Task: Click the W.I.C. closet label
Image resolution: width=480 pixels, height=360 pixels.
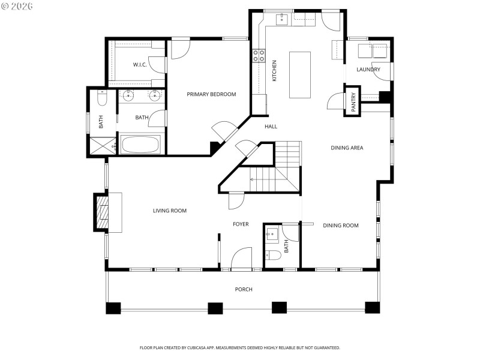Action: coord(140,65)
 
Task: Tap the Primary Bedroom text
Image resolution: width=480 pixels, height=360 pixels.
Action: coord(211,94)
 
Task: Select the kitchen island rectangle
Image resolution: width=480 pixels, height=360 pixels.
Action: coord(301,74)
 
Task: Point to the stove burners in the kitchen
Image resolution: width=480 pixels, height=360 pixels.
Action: coord(259,56)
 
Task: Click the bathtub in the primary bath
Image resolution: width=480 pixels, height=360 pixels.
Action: coord(140,145)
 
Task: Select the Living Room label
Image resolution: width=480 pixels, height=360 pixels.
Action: coord(170,211)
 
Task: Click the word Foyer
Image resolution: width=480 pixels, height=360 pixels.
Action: coord(241,224)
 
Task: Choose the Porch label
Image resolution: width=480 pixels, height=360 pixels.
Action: coord(244,290)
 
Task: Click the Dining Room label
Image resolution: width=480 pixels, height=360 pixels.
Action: coord(341,226)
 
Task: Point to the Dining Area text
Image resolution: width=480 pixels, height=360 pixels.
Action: coord(347,148)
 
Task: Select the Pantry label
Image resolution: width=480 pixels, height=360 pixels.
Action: coord(353,101)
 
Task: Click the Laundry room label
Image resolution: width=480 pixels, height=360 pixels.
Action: coord(368,70)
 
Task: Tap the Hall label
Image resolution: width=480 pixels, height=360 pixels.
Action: coord(271,127)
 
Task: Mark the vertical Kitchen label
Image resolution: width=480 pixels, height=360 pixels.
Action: coord(275,71)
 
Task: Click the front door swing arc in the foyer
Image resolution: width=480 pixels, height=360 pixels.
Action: coord(242,257)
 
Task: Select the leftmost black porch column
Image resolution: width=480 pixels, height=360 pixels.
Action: coord(113,308)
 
